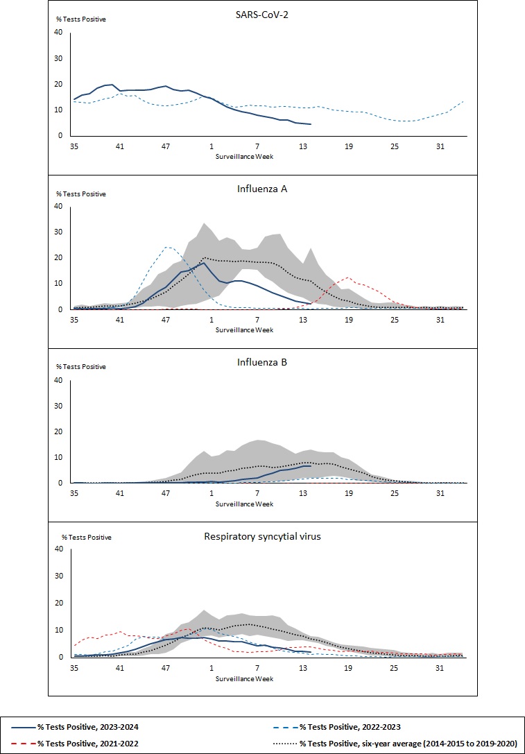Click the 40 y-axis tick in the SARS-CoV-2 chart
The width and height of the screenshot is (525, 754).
tap(59, 32)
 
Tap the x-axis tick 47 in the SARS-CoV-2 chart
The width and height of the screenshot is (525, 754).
tap(166, 146)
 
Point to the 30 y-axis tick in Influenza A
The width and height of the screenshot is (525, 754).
tap(59, 232)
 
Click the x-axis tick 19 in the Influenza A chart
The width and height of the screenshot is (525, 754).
tap(348, 320)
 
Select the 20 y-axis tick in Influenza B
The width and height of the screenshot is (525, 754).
tap(59, 431)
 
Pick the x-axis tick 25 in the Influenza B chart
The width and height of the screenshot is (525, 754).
tap(394, 493)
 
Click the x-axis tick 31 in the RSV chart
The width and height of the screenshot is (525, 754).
tap(440, 667)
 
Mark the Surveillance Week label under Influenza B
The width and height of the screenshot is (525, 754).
tap(244, 503)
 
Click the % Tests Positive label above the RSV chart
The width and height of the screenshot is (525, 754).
tap(87, 537)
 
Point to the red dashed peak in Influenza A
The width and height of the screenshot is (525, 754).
tap(348, 278)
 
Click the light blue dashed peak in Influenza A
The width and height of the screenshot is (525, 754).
tap(166, 247)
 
